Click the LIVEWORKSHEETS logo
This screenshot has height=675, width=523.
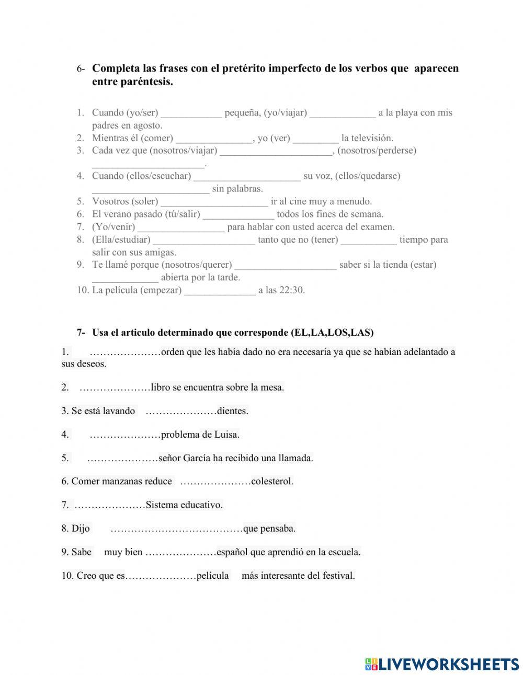[x=441, y=664]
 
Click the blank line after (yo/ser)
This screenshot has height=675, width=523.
[x=191, y=113]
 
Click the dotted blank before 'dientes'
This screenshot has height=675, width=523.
[x=181, y=411]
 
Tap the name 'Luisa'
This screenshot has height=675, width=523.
[x=226, y=434]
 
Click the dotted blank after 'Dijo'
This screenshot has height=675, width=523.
[x=177, y=529]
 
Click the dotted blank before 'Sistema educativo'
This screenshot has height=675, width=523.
[x=110, y=505]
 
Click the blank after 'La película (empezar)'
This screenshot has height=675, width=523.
[x=220, y=291]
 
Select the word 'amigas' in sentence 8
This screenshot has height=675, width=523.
[x=160, y=253]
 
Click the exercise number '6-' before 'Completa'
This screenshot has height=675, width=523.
[x=81, y=69]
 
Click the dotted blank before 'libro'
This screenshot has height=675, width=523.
[x=115, y=388]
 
